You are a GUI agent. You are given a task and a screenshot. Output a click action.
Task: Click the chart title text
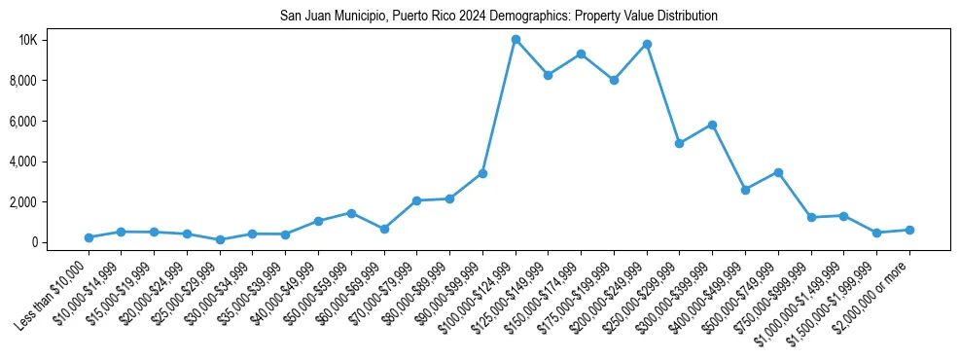[498, 16]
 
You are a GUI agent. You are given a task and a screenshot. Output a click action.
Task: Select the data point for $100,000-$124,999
[516, 40]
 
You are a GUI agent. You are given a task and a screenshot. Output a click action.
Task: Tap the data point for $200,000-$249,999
[647, 44]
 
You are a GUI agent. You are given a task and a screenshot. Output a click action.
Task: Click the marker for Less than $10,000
[89, 237]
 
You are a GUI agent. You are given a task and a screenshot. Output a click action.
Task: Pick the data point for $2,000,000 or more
[909, 230]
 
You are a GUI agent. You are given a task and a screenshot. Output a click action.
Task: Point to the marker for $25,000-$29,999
[220, 239]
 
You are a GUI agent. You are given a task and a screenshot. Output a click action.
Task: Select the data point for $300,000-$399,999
[712, 125]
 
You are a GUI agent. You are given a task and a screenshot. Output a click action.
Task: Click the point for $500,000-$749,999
[778, 172]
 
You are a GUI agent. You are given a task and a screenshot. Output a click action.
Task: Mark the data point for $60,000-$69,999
[384, 229]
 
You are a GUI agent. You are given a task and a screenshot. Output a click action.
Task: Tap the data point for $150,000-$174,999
[581, 54]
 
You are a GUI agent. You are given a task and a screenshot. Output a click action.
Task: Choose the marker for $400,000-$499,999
[745, 190]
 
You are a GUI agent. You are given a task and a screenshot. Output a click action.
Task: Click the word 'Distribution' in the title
[687, 16]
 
